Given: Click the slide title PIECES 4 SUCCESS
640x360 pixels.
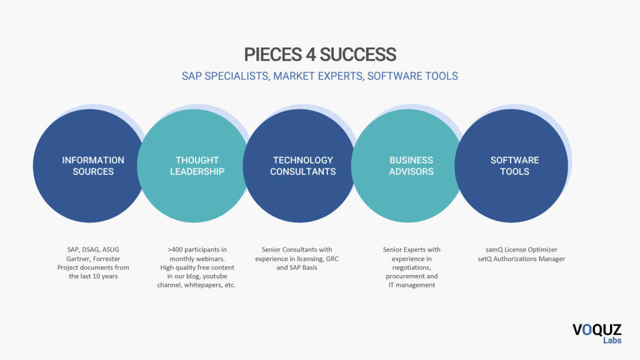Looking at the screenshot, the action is click(320, 55).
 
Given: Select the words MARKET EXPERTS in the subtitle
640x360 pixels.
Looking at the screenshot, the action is click(318, 76).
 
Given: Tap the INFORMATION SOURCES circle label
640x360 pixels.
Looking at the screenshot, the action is click(93, 166).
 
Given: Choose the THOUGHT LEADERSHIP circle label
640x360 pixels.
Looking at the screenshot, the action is click(197, 166).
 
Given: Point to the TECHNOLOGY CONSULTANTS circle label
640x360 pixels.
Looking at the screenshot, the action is click(303, 166).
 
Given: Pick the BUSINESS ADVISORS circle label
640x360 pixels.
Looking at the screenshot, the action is click(411, 166).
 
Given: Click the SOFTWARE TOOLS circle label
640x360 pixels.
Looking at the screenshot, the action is click(515, 166).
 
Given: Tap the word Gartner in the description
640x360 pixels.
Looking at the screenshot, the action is click(78, 259).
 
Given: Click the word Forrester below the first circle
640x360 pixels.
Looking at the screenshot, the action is click(106, 259).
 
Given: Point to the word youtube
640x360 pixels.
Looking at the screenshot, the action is click(215, 276).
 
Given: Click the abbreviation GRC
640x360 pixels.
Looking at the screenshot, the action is click(332, 259).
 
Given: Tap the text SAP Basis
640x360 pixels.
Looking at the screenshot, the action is click(303, 267).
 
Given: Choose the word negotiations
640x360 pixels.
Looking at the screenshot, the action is click(411, 267).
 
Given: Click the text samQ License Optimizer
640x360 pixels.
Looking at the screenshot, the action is click(521, 250).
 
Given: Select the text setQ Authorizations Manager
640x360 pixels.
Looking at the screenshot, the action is click(521, 259).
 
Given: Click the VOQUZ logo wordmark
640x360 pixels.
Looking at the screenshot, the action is click(597, 330).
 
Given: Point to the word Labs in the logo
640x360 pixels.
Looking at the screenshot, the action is click(612, 341).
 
